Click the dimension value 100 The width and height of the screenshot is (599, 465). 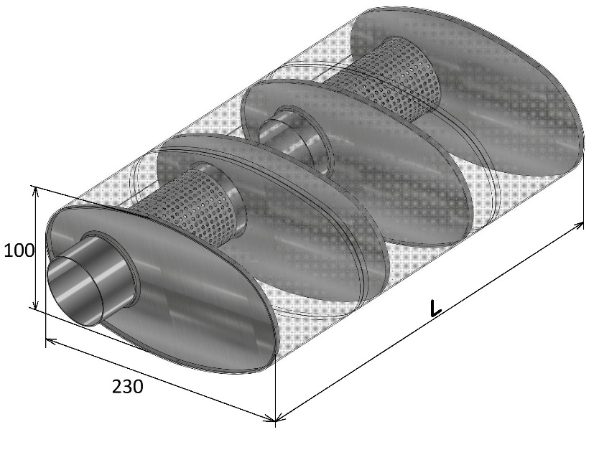pyautogui.click(x=19, y=251)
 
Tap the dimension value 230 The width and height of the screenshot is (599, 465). pyautogui.click(x=128, y=386)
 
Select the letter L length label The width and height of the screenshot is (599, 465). pyautogui.click(x=435, y=309)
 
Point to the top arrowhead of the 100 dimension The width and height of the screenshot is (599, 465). pyautogui.click(x=35, y=190)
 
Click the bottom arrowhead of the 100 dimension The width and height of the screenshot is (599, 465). pyautogui.click(x=35, y=305)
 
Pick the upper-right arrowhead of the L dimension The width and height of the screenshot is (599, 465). pyautogui.click(x=579, y=225)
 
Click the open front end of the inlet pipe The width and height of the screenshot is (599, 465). pyautogui.click(x=75, y=291)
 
